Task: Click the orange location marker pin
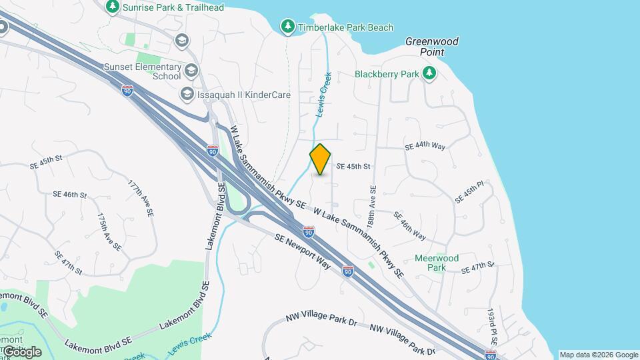(320, 159)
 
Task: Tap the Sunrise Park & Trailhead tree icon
(113, 7)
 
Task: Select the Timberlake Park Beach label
(345, 27)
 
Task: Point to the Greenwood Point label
(432, 46)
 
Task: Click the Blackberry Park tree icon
(429, 73)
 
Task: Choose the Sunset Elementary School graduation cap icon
(191, 70)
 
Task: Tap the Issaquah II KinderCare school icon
(187, 94)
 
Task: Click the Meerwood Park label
(436, 263)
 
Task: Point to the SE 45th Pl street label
(469, 192)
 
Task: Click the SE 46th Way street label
(409, 225)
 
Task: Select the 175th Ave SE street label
(109, 232)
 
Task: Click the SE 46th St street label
(70, 195)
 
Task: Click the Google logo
(22, 352)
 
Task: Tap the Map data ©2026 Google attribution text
(598, 355)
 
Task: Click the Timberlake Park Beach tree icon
(287, 26)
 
